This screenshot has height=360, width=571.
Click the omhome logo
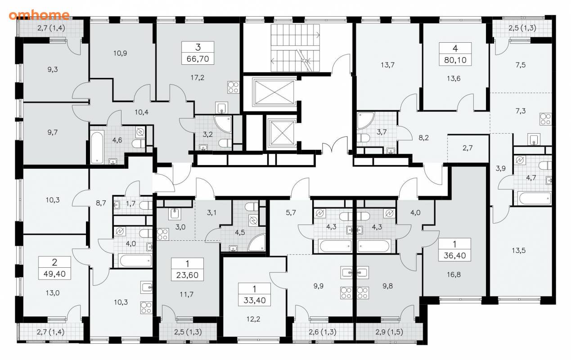click(39, 15)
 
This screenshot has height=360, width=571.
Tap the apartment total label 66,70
click(198, 59)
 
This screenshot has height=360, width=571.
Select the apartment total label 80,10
click(455, 60)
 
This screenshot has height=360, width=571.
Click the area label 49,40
click(54, 274)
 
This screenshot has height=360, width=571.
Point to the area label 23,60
click(187, 275)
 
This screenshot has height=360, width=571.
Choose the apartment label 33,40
click(254, 300)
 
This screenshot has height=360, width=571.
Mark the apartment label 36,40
click(455, 255)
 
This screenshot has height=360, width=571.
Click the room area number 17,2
click(197, 77)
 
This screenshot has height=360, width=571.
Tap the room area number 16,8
click(454, 274)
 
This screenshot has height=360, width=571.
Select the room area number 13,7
click(387, 65)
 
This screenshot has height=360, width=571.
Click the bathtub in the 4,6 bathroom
click(97, 147)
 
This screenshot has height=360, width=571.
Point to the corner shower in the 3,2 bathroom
click(223, 125)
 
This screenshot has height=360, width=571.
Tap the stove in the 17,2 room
click(234, 87)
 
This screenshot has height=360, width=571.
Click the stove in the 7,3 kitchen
click(545, 119)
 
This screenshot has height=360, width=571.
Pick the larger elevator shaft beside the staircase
click(273, 92)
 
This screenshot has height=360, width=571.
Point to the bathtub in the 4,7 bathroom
click(535, 198)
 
